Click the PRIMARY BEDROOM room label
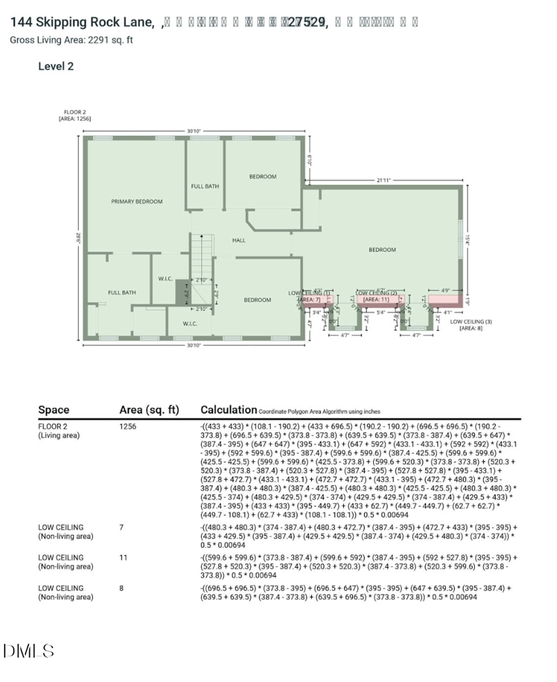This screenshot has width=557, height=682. pyautogui.click(x=136, y=201)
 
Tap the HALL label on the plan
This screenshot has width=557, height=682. pyautogui.click(x=239, y=240)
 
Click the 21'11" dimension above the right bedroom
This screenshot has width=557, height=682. pyautogui.click(x=383, y=180)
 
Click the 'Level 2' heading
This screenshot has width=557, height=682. pyautogui.click(x=56, y=67)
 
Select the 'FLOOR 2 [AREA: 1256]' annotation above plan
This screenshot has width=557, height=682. pyautogui.click(x=74, y=116)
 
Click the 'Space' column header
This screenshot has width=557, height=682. pyautogui.click(x=54, y=410)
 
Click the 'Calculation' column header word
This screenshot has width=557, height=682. pyautogui.click(x=228, y=410)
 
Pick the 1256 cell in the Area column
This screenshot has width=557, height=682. pyautogui.click(x=128, y=425)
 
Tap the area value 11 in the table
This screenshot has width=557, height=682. pyautogui.click(x=123, y=558)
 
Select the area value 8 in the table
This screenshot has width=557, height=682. pyautogui.click(x=122, y=589)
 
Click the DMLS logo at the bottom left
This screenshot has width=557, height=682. pyautogui.click(x=29, y=651)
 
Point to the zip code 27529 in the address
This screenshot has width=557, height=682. pyautogui.click(x=306, y=22)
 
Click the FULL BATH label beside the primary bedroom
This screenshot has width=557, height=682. pyautogui.click(x=121, y=293)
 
